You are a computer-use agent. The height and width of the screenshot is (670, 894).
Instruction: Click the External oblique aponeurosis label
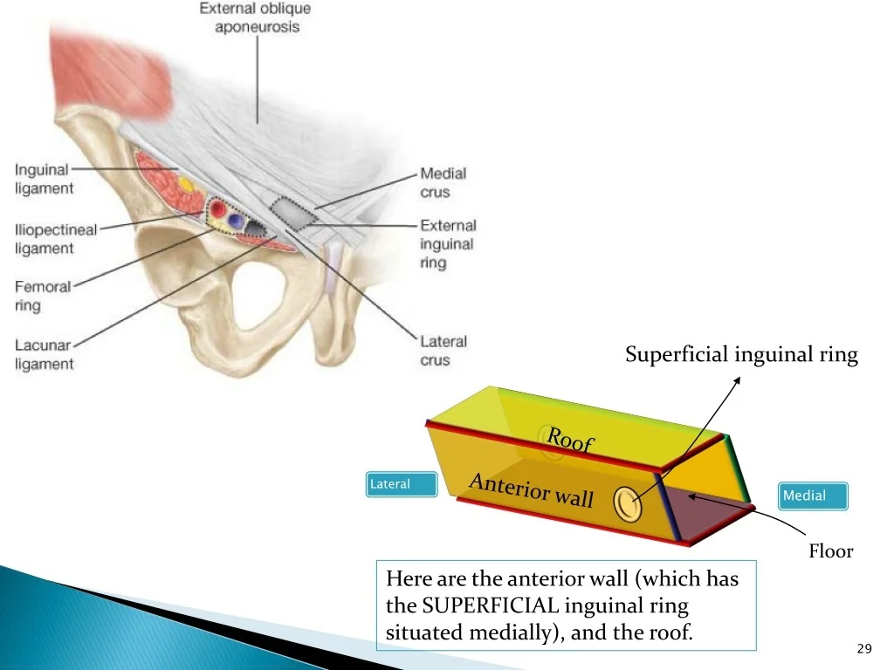[255, 18]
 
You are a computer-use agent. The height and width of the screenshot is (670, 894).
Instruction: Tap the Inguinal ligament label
[44, 179]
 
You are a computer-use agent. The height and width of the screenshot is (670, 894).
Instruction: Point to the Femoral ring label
[42, 296]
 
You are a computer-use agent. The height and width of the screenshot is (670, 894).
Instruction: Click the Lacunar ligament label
[44, 354]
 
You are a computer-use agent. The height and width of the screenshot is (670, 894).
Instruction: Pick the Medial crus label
[443, 183]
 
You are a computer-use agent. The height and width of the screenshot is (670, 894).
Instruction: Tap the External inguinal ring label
[447, 243]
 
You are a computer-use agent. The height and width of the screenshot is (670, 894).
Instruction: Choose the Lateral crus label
[444, 351]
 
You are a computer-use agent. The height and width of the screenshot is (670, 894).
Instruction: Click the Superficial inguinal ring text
[741, 355]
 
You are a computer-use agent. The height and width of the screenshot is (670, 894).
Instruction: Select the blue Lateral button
[401, 484]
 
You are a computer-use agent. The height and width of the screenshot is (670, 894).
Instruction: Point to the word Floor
[829, 551]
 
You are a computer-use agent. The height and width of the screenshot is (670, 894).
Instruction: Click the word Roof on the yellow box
[570, 440]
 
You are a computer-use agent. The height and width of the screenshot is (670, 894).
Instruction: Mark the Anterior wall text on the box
[531, 490]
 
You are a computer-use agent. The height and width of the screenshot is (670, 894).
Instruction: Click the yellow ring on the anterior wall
[627, 503]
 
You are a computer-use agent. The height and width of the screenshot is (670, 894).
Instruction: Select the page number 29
[864, 647]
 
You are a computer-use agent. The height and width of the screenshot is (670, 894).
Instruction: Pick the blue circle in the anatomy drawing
[235, 222]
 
